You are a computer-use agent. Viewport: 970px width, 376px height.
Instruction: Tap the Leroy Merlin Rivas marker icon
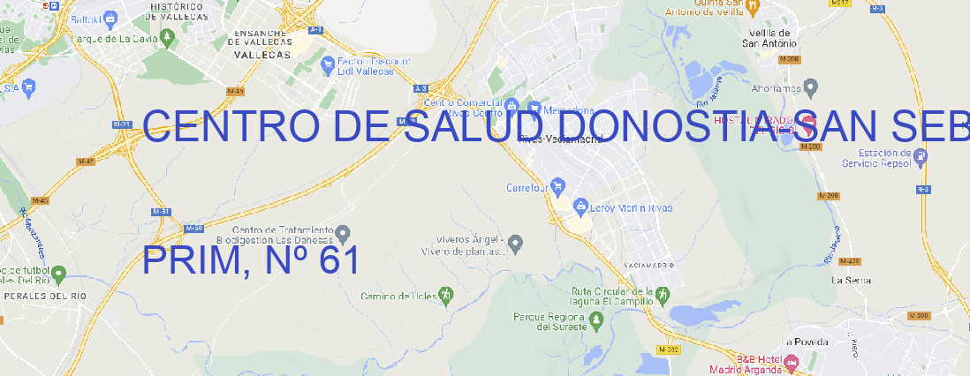coord(580,207)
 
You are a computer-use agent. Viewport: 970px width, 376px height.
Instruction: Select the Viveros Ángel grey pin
coord(518,243)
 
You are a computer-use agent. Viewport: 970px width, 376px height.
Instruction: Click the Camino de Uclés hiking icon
coord(446,295)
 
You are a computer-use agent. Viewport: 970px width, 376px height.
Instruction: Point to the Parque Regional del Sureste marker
coord(597,322)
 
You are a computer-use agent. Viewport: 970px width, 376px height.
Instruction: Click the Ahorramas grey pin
coord(812,86)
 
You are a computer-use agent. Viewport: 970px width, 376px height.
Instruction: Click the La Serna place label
coord(852,280)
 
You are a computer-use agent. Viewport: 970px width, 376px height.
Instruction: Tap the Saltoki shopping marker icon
coord(110,17)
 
